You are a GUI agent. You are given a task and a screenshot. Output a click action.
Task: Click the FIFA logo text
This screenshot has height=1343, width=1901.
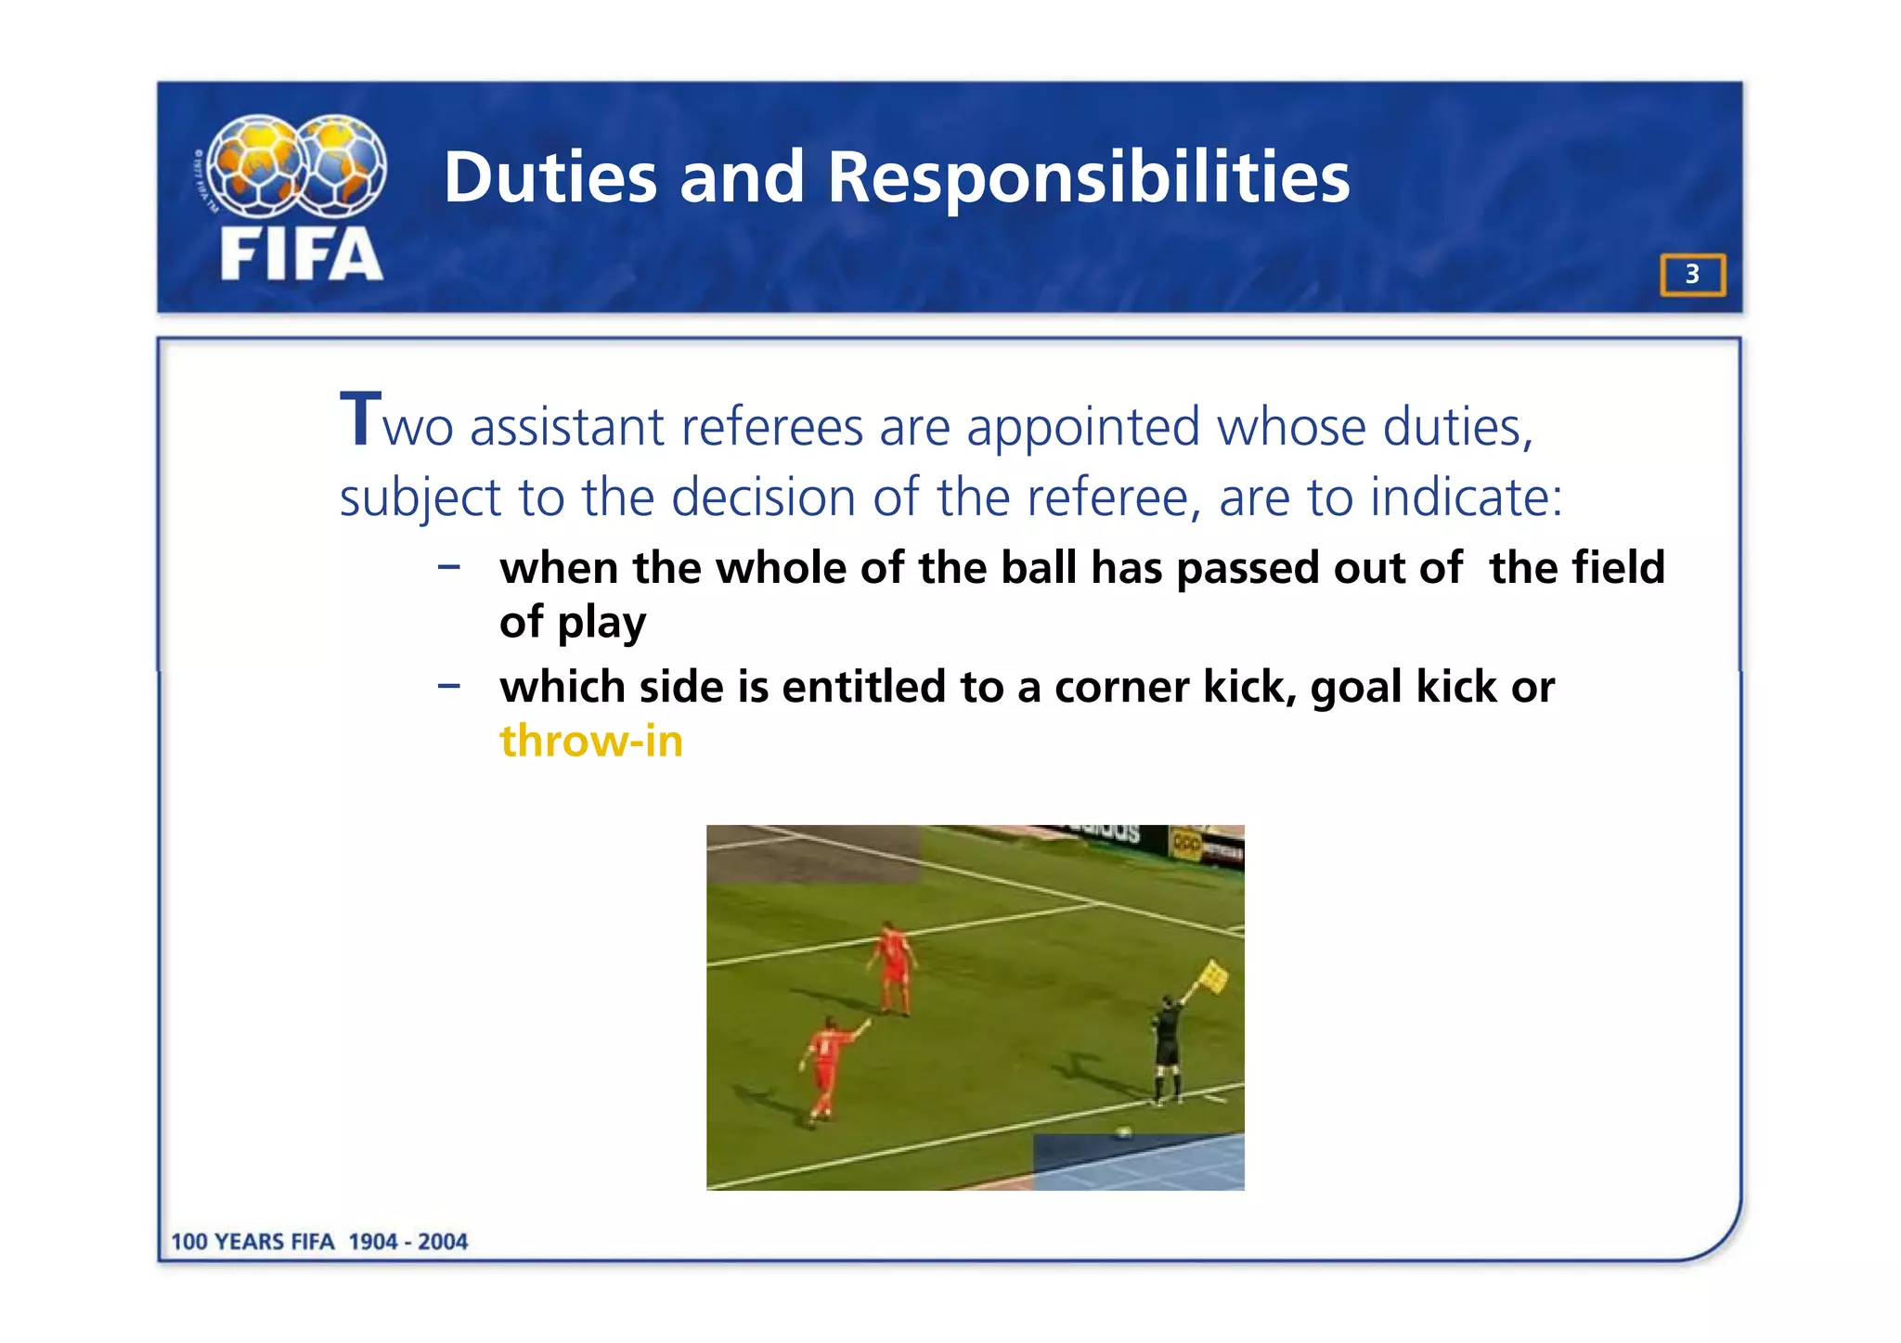pos(301,254)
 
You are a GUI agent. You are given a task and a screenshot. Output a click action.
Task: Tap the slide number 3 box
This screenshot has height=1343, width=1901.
pos(1692,275)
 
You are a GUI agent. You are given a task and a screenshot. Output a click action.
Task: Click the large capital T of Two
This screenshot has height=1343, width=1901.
pos(360,420)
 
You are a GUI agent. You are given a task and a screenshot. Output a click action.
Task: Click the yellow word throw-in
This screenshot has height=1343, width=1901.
pos(591,741)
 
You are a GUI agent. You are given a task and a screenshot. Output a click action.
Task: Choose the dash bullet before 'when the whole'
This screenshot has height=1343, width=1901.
pos(449,566)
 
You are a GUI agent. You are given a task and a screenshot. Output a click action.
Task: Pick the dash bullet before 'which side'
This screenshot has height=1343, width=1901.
pos(449,686)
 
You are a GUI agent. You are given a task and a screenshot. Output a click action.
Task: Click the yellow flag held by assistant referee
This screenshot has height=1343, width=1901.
pos(1212,976)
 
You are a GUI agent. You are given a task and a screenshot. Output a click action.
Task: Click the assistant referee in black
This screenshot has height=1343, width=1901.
pos(1166,1049)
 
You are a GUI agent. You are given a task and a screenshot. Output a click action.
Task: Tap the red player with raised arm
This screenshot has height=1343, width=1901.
pos(825,1067)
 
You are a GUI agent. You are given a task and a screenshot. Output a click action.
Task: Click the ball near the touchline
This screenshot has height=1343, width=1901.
pos(1124,1131)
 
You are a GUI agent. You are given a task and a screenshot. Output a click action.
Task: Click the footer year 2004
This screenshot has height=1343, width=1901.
pos(442,1242)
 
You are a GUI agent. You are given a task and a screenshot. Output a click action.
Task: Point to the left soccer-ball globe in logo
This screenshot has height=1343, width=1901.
pos(253,164)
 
